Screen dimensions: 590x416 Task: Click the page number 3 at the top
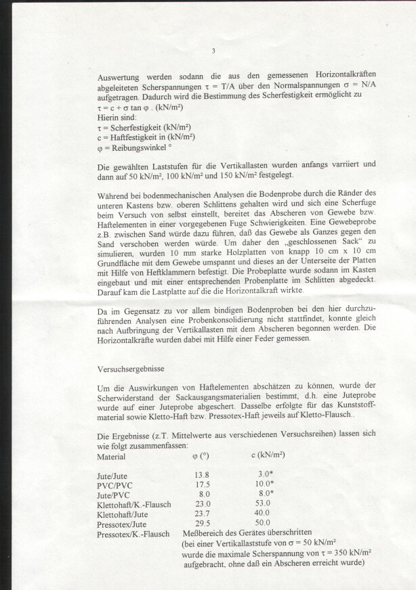[x=213, y=51]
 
